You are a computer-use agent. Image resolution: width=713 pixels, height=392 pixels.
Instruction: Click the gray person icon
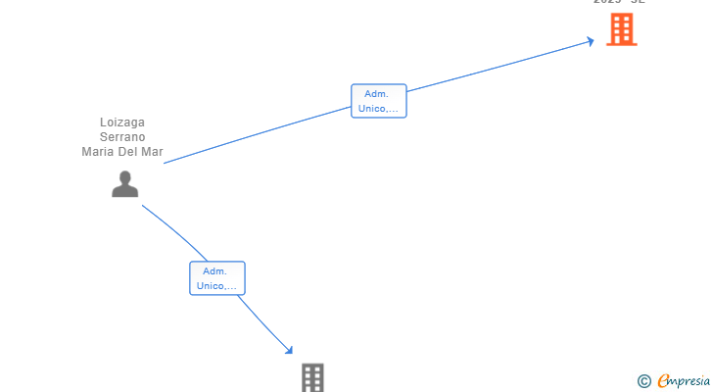click(124, 184)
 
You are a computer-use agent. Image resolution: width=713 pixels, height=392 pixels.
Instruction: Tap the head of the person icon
click(124, 176)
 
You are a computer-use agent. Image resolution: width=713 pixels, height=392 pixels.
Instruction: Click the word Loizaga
click(122, 122)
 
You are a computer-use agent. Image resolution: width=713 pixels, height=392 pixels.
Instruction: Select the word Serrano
click(122, 137)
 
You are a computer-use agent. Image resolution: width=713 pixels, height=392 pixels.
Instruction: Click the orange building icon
click(621, 30)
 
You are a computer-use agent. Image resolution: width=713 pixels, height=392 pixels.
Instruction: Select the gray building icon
click(312, 377)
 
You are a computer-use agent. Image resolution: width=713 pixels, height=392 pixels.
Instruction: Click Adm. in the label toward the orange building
click(377, 94)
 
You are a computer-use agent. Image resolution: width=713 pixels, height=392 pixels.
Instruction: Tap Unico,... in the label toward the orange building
click(379, 108)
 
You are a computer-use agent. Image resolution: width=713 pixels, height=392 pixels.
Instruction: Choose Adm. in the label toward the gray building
click(215, 271)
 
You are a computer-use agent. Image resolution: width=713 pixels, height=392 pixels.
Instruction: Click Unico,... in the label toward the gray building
click(217, 286)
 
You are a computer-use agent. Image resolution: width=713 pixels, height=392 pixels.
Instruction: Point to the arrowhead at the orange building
click(591, 41)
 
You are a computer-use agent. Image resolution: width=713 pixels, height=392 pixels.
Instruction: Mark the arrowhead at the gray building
click(289, 350)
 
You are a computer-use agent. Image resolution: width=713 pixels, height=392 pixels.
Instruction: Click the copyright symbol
click(644, 380)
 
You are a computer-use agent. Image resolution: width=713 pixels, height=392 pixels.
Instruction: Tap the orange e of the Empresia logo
click(663, 380)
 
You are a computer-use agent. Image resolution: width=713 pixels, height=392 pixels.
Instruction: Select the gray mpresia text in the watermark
click(689, 380)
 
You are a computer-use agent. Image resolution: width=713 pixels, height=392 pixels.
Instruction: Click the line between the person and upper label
click(255, 134)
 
